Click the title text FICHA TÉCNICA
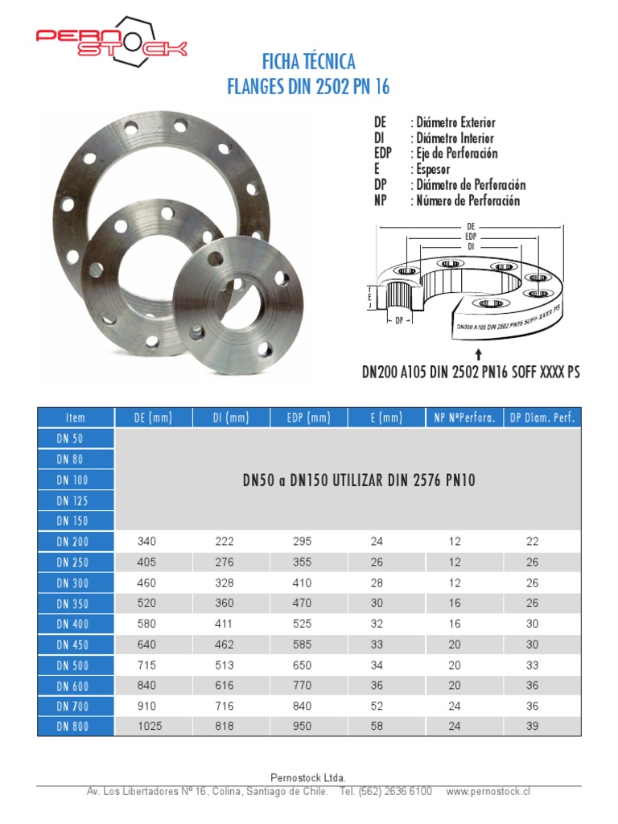308,62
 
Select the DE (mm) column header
153,418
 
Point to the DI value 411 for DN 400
225,624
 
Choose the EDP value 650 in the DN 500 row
302,665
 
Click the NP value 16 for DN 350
455,604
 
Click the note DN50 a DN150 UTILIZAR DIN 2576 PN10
359,480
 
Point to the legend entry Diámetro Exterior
455,122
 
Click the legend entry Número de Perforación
468,200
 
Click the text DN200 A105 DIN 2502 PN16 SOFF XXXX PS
470,373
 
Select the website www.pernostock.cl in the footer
488,792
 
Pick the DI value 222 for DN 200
225,542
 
